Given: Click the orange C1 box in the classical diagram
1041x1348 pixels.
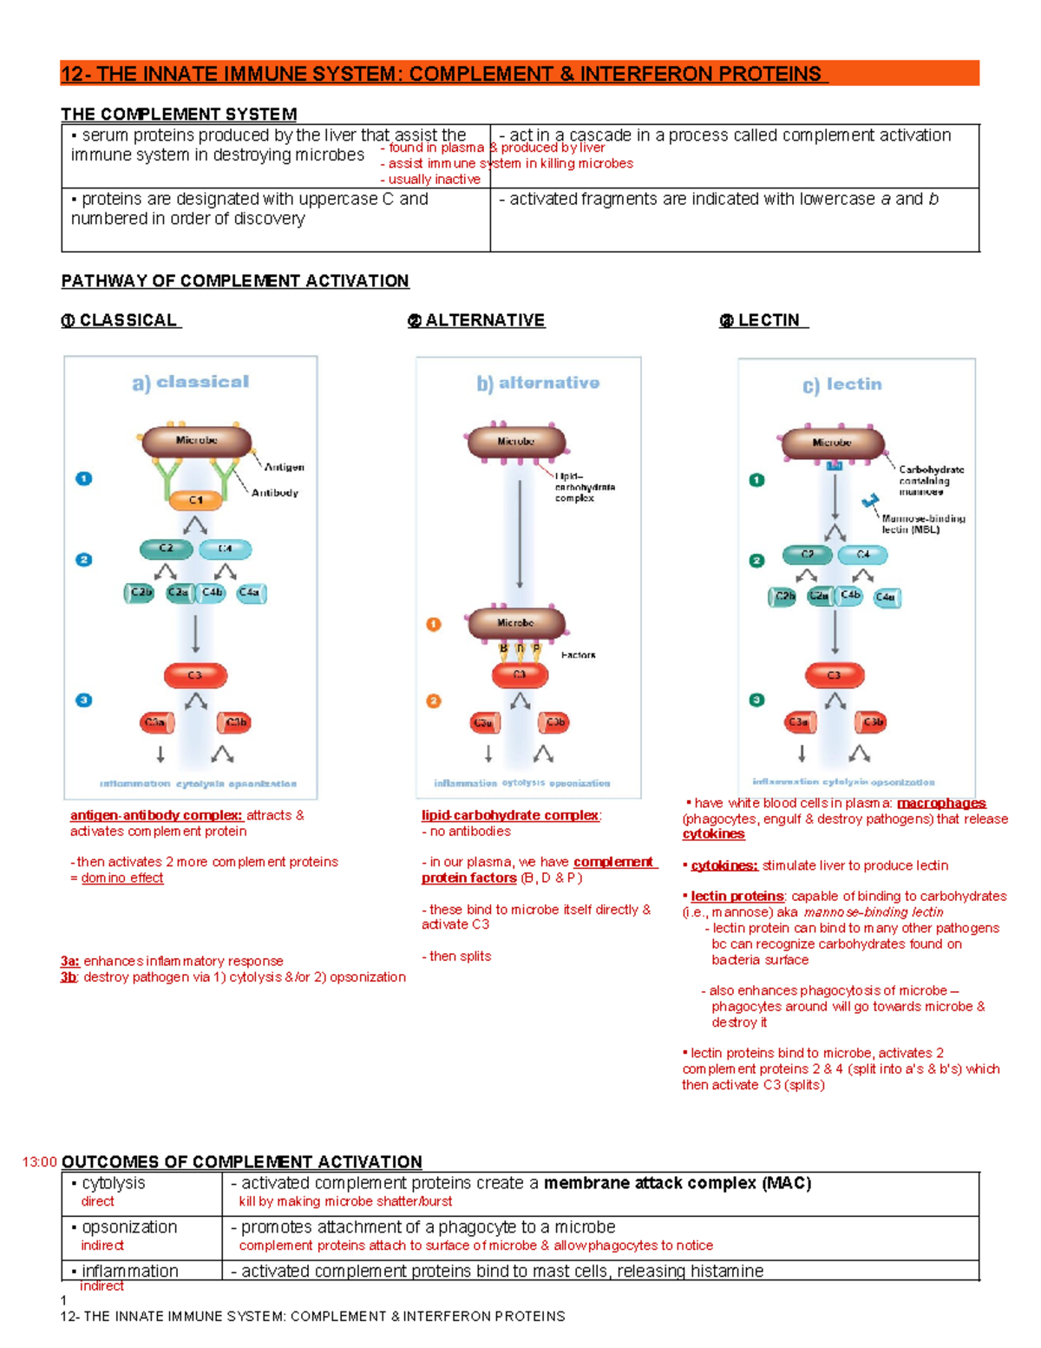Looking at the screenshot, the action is click(x=195, y=500).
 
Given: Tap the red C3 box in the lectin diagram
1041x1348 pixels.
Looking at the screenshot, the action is click(x=834, y=675).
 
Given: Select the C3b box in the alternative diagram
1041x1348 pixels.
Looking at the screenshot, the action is click(x=553, y=722).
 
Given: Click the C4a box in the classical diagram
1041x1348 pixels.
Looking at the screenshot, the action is click(x=250, y=593).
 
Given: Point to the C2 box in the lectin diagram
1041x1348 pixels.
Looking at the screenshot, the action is click(x=807, y=554).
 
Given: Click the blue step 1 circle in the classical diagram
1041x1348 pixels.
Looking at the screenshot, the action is click(x=84, y=478).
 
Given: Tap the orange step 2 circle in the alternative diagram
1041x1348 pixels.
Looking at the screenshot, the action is click(x=434, y=700).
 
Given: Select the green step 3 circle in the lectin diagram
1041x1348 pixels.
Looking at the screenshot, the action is click(x=756, y=700).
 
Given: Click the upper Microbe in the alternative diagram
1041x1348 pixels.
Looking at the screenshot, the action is click(x=515, y=442).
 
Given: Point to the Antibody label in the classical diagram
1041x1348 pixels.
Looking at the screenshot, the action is click(x=274, y=493).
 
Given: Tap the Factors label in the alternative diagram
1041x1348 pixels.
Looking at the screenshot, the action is click(x=578, y=655).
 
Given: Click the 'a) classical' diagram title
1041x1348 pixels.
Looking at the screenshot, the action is click(x=191, y=382).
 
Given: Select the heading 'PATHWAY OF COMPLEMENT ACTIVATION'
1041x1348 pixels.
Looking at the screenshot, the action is click(x=234, y=281).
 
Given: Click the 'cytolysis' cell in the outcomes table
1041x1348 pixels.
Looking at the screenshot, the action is click(x=114, y=1183).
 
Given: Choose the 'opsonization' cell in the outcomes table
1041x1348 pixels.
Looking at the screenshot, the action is click(x=129, y=1227).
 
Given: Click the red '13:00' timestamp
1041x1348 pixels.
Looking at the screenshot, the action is click(x=40, y=1162).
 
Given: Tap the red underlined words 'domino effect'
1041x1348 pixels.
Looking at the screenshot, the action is click(x=122, y=878).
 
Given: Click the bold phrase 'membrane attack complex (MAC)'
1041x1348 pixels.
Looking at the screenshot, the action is click(x=678, y=1183).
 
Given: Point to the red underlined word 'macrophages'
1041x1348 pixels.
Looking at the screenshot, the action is click(x=941, y=803).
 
